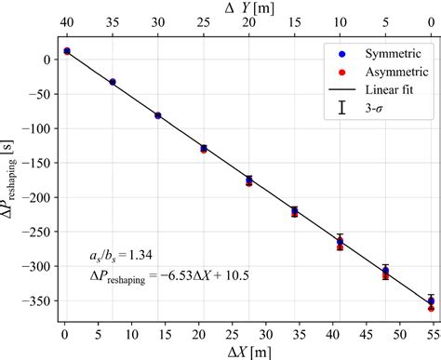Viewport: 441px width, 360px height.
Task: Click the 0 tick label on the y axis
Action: pos(45,60)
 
